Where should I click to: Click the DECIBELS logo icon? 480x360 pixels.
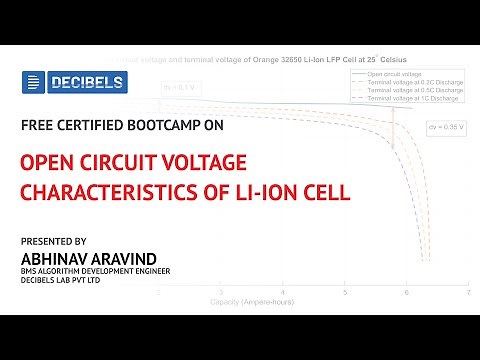(33, 83)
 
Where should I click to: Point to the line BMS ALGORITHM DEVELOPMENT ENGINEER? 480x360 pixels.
(95, 271)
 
